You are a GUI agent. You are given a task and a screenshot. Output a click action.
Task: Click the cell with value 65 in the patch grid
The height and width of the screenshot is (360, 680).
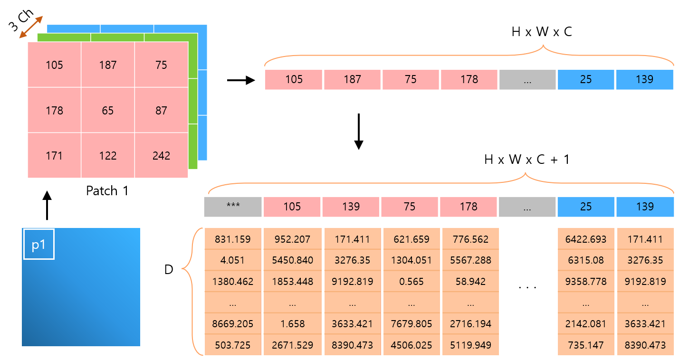click(108, 111)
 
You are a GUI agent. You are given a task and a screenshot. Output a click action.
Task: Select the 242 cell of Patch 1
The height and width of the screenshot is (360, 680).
click(161, 156)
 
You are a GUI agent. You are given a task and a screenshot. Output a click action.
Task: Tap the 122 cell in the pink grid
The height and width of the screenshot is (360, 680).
click(108, 156)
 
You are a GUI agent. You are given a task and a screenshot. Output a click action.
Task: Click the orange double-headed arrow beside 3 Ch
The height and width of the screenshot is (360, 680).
click(31, 27)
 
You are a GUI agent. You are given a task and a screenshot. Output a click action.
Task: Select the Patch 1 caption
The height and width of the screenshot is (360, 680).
click(107, 191)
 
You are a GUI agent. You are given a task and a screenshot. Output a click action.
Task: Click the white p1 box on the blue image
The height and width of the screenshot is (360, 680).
click(39, 244)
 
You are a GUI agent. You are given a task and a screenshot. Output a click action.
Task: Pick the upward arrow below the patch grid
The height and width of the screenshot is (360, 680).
click(47, 206)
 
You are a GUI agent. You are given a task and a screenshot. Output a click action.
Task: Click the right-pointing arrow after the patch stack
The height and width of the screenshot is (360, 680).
click(241, 81)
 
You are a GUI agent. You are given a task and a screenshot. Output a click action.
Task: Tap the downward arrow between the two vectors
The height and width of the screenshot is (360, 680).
click(359, 131)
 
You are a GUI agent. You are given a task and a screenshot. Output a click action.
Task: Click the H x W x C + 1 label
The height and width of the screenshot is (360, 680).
click(527, 160)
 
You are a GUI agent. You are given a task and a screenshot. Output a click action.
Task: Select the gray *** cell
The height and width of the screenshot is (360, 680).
click(233, 207)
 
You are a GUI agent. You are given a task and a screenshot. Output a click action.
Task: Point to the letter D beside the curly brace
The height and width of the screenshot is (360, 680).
click(169, 270)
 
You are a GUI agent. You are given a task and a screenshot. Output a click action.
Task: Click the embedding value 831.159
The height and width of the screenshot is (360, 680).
click(233, 239)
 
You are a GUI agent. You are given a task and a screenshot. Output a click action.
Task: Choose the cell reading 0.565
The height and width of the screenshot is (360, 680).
click(412, 282)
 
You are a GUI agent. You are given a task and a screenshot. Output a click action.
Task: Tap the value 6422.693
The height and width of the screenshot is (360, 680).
click(586, 239)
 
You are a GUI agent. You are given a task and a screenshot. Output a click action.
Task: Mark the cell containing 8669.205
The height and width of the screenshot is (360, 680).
click(233, 324)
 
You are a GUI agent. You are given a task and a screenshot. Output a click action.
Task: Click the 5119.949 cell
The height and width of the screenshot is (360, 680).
click(470, 345)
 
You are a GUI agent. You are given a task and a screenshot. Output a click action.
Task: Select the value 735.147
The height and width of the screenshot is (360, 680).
click(586, 345)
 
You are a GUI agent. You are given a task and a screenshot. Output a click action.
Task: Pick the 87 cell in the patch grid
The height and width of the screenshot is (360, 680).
click(161, 111)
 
